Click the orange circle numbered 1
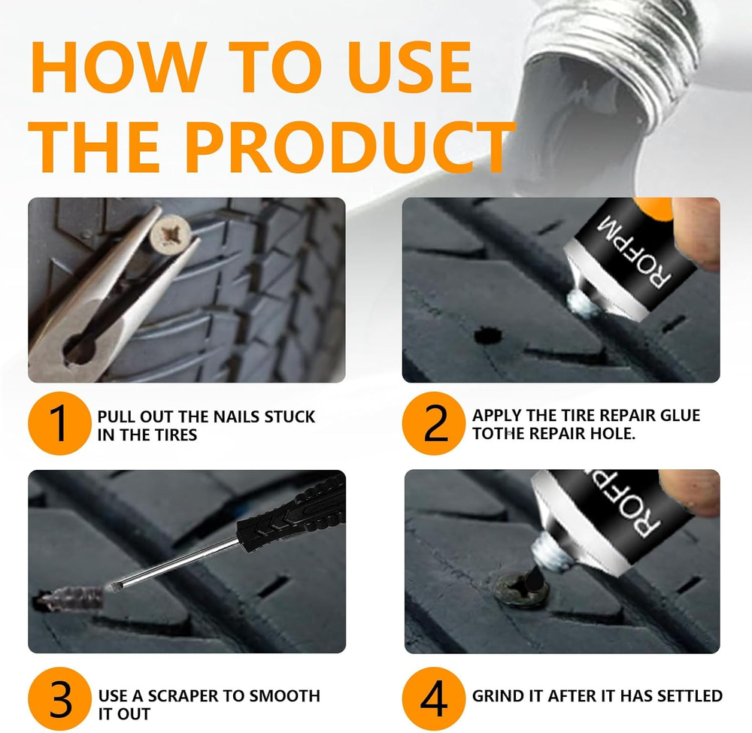[59, 423]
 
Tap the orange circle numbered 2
[434, 423]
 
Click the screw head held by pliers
[171, 235]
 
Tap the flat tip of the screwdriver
[116, 586]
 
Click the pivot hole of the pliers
[79, 350]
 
